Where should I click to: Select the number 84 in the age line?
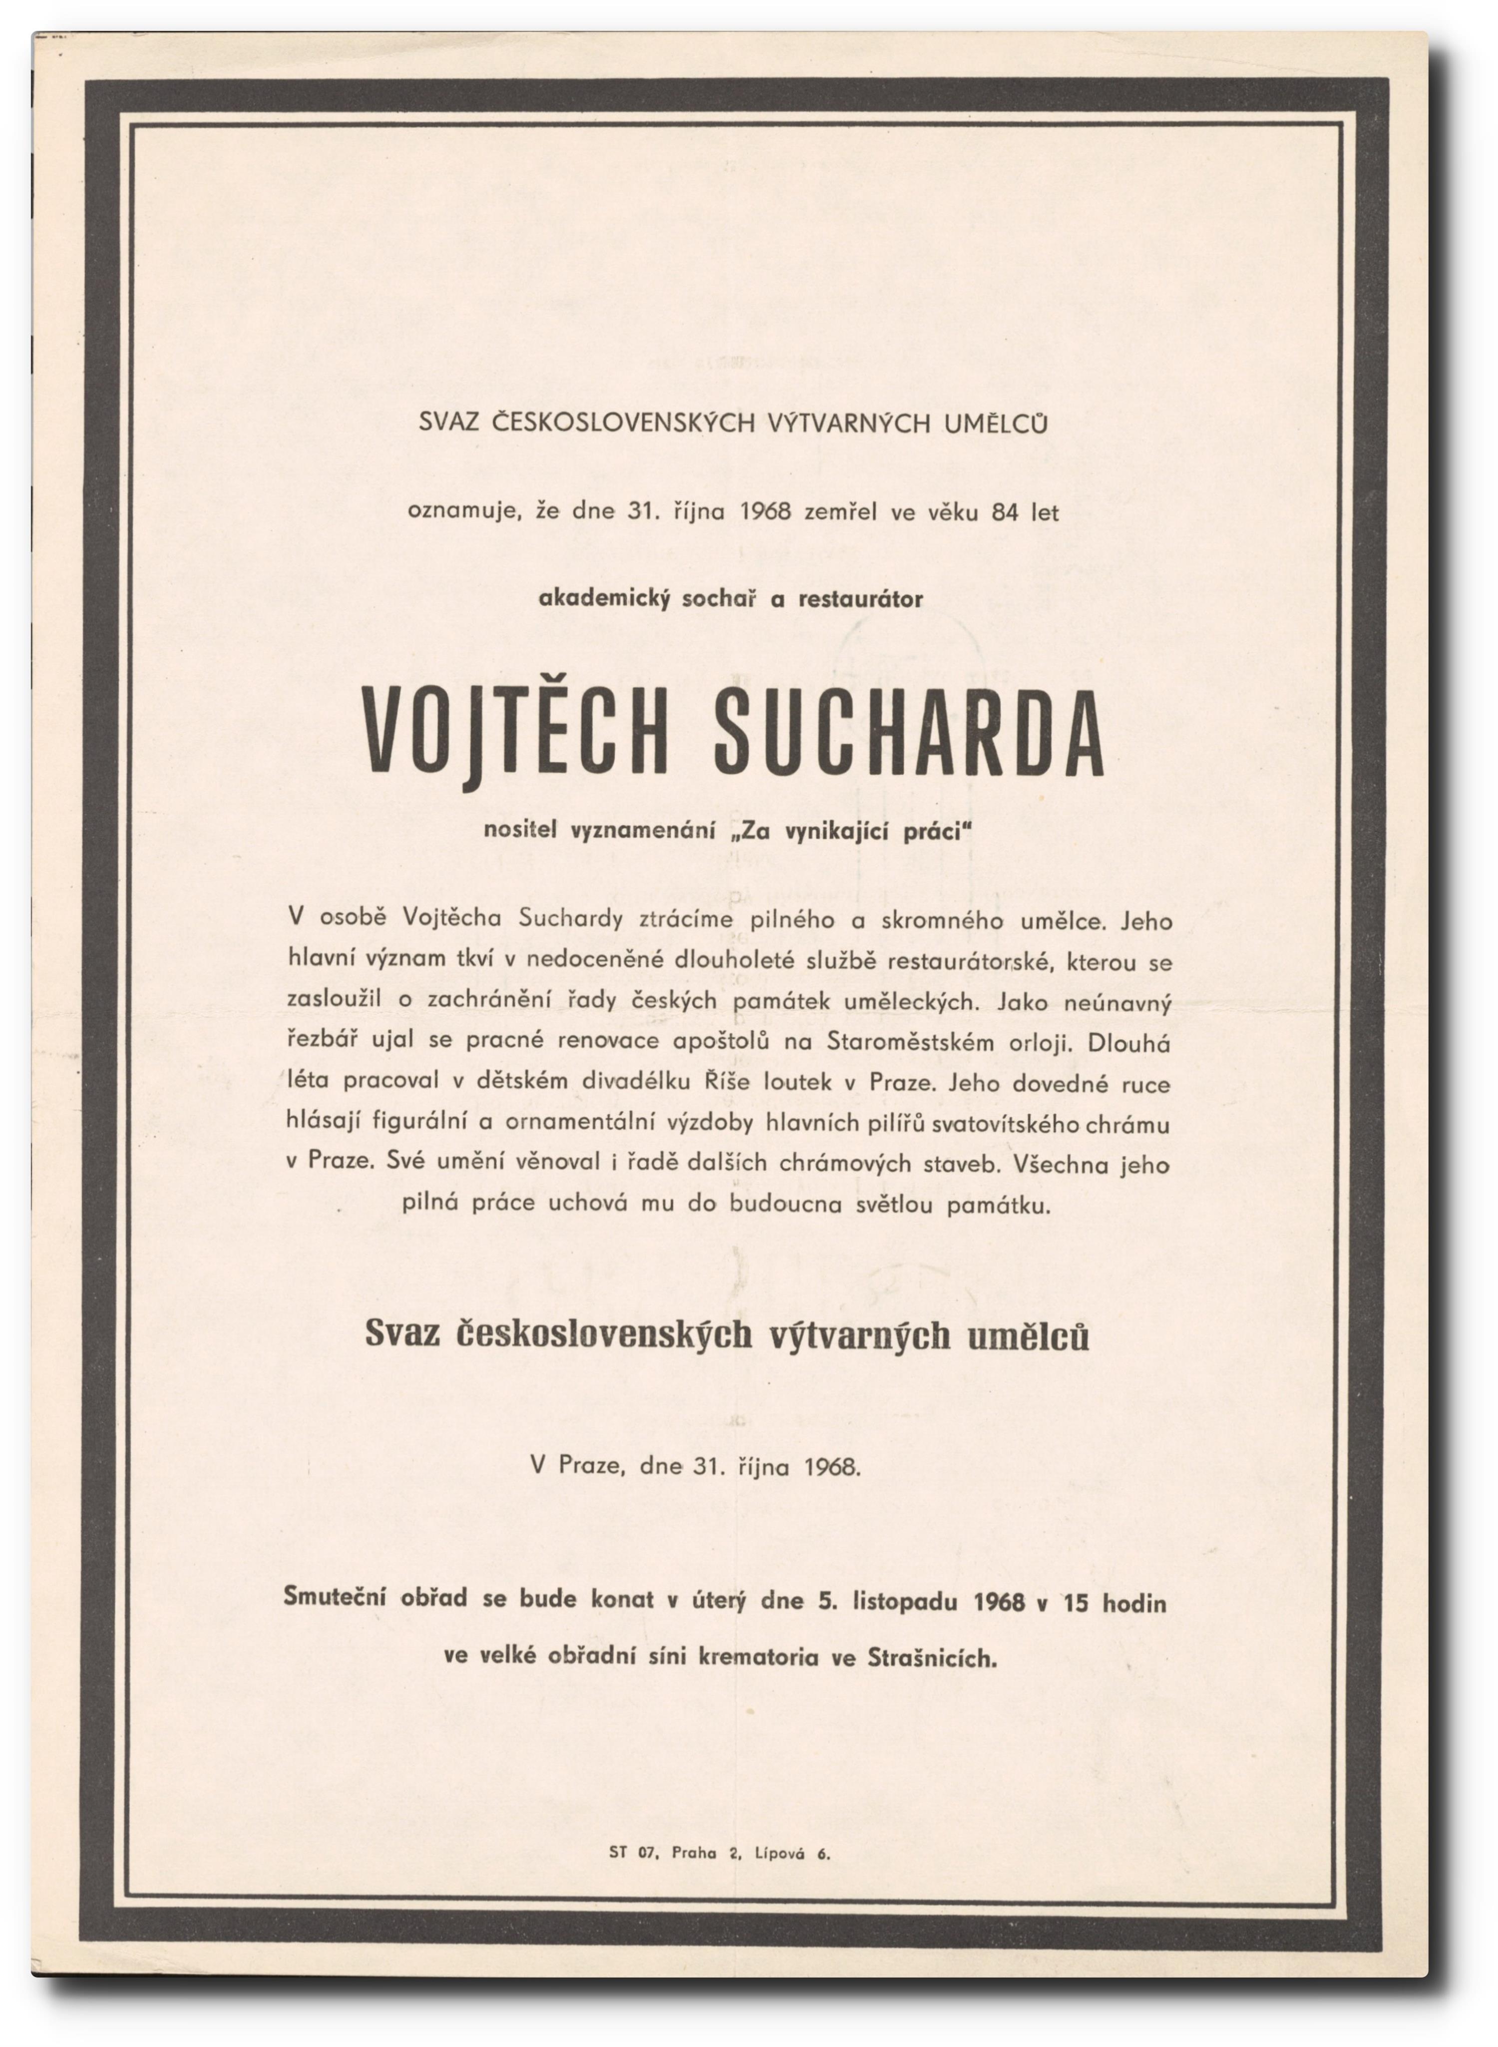click(1006, 512)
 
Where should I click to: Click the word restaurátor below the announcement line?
click(860, 599)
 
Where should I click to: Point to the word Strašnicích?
click(932, 1659)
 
